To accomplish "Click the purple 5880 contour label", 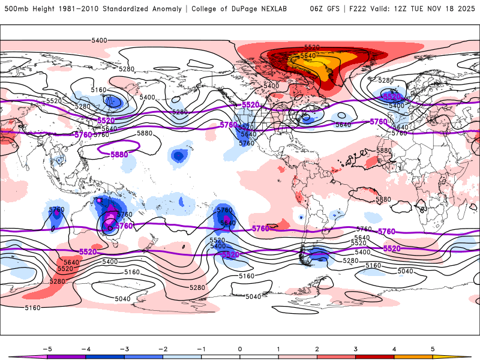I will pos(119,154).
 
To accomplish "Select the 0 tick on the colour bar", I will pos(240,348).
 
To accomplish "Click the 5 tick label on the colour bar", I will pos(433,348).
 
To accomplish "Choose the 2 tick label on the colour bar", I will pos(317,348).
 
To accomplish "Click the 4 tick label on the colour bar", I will pos(394,348).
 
